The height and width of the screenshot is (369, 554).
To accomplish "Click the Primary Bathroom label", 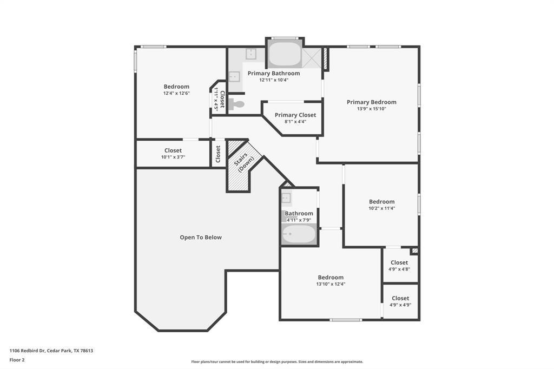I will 273,73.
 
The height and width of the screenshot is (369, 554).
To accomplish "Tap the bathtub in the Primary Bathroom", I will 285,54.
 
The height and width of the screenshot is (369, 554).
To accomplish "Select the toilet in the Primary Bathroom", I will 236,104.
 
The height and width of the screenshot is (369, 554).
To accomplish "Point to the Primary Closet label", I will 295,115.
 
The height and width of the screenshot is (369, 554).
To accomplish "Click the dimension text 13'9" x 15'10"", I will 371,109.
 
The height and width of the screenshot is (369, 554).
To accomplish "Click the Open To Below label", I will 201,237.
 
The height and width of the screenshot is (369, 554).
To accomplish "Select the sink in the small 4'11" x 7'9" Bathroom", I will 286,197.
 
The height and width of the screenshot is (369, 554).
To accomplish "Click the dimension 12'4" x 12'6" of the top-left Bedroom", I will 176,93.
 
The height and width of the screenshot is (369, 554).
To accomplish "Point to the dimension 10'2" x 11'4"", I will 381,208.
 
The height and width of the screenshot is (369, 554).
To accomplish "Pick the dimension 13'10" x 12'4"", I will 330,284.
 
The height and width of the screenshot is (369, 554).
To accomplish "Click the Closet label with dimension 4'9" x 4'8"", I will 399,262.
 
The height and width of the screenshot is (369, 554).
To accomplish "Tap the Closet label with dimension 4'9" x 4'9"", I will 400,298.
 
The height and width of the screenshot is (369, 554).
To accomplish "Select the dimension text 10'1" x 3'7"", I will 173,157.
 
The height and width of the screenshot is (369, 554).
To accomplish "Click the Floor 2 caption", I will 17,360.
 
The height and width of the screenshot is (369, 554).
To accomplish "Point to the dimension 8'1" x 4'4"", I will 295,122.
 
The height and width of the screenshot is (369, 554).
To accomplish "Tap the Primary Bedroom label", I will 371,102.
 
